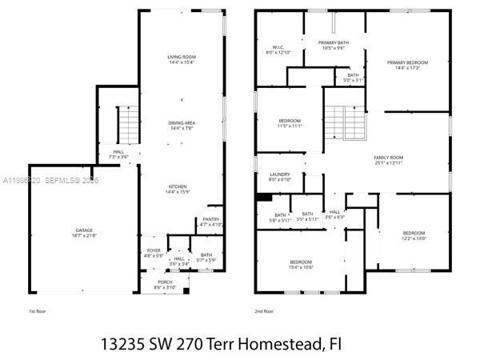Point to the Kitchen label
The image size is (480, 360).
[x=182, y=189]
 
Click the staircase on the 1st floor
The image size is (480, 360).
[x=128, y=123]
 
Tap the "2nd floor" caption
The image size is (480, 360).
[x=264, y=310]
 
